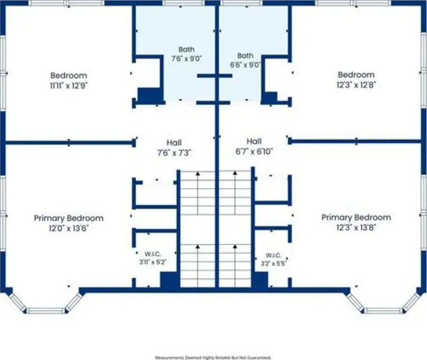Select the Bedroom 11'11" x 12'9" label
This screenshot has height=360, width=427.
click(69, 80)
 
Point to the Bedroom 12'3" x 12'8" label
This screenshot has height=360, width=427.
click(356, 80)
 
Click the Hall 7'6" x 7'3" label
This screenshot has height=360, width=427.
click(174, 148)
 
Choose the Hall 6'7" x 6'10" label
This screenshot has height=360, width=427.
click(254, 146)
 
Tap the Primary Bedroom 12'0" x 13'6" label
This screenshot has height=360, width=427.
click(69, 223)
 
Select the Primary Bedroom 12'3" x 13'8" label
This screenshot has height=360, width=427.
click(356, 222)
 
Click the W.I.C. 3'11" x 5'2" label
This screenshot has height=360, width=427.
click(152, 258)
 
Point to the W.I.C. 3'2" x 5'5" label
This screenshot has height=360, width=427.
click(274, 260)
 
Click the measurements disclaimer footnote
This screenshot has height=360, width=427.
click(213, 357)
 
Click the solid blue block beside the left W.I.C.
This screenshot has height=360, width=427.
click(170, 280)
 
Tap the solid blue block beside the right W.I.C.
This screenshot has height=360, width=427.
click(259, 280)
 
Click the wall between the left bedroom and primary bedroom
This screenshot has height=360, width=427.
click(69, 142)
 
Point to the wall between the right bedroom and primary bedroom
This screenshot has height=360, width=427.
click(356, 141)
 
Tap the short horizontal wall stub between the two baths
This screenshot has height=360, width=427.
click(214, 75)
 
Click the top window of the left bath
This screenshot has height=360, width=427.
click(184, 3)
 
